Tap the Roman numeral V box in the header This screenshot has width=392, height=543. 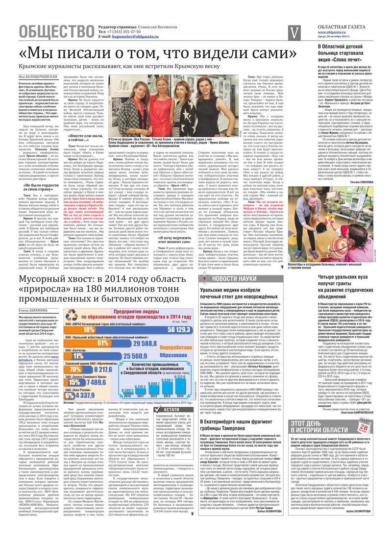click(294, 32)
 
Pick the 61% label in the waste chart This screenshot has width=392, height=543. click(102, 344)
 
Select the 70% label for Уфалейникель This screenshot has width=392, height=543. click(75, 369)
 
